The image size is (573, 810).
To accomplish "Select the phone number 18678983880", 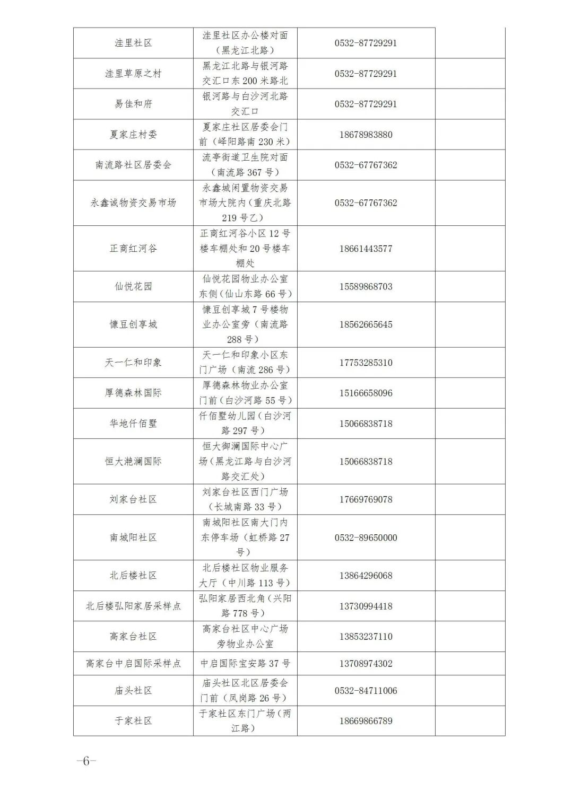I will [x=366, y=135].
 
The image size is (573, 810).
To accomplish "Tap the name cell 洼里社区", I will [x=133, y=43].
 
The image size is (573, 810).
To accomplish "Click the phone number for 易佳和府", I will [x=366, y=104].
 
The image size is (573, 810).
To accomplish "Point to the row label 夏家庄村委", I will [x=133, y=135].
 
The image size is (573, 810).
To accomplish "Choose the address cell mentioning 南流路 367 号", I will [x=245, y=165].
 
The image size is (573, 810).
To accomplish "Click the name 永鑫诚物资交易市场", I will [x=133, y=203].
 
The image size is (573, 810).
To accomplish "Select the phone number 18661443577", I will [x=366, y=249].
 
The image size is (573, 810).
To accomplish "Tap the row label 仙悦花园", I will [x=133, y=287].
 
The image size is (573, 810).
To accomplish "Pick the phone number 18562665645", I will [x=366, y=324].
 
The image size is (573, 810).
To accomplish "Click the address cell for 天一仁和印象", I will [x=245, y=363].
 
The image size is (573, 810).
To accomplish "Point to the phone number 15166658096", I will [x=366, y=393].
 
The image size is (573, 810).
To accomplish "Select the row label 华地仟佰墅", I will [x=133, y=424].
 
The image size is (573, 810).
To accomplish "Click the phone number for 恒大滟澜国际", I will [x=366, y=462].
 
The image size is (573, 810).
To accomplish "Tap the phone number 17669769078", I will [x=366, y=499].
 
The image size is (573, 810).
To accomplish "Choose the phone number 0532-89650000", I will [x=366, y=538].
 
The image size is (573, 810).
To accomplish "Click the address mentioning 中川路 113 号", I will [x=245, y=576].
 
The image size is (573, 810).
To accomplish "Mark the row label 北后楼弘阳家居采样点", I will [x=133, y=606].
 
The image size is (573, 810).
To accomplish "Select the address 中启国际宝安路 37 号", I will [x=245, y=663].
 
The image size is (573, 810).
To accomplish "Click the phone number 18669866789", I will [x=366, y=721].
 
